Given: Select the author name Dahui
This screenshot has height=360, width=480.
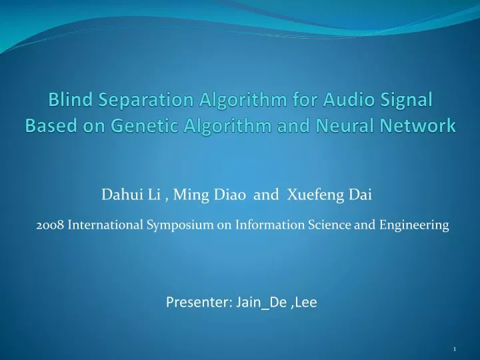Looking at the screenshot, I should [x=117, y=195].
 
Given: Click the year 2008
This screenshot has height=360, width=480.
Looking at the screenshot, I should [x=47, y=225].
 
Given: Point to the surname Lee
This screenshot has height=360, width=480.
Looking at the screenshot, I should [x=305, y=303].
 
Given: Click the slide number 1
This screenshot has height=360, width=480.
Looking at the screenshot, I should [x=454, y=349].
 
